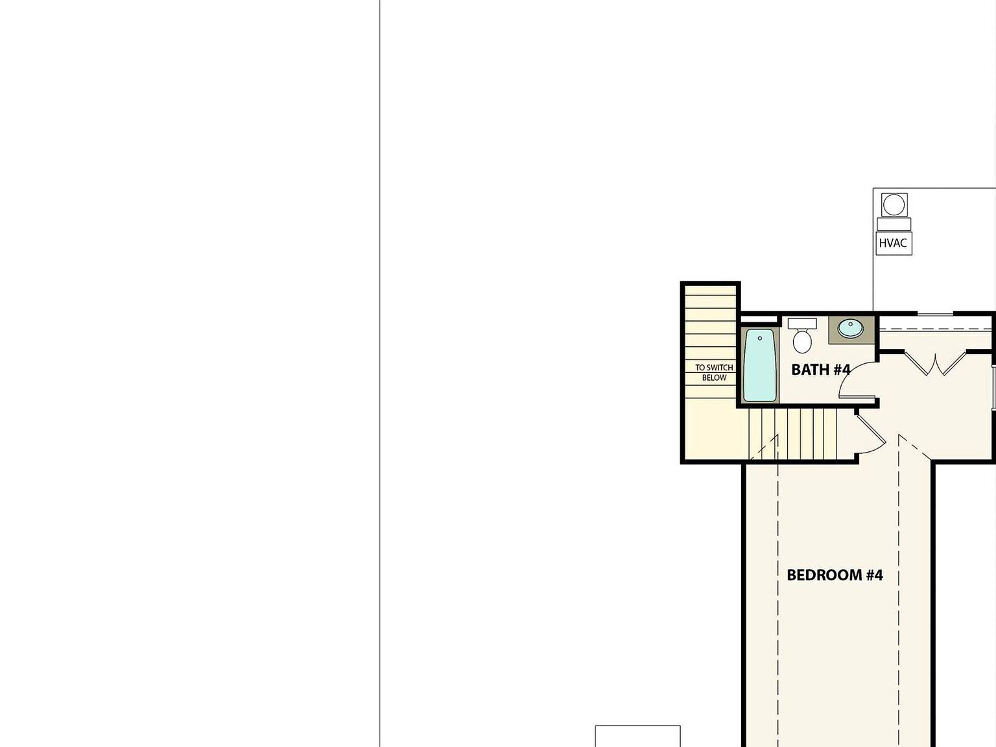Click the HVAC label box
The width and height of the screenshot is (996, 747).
[893, 243]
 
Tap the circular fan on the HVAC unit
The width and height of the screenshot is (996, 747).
[894, 205]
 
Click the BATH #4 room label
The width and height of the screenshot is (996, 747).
[820, 370]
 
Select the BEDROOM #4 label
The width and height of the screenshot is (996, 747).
[835, 575]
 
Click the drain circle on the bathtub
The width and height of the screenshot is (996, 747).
[760, 338]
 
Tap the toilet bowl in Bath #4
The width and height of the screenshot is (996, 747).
[803, 341]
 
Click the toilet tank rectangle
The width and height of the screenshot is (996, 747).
[802, 323]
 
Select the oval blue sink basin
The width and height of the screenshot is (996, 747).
[850, 328]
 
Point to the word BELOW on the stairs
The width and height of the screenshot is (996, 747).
[714, 378]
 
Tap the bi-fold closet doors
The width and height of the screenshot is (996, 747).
[935, 364]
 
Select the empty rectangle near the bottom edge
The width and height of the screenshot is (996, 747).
[637, 737]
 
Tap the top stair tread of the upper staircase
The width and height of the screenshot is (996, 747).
[711, 290]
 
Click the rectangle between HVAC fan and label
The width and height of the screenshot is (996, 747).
[894, 224]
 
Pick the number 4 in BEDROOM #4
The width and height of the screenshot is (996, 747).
[877, 575]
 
